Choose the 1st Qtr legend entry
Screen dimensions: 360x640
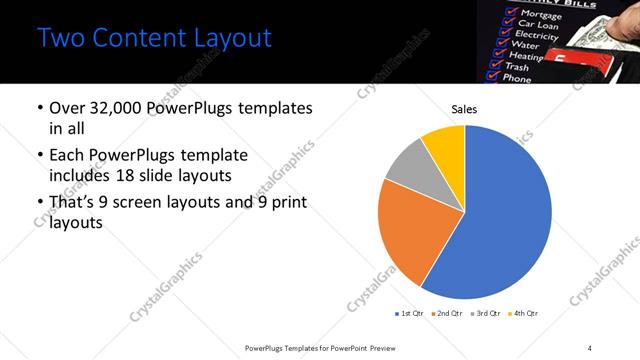pyautogui.click(x=411, y=313)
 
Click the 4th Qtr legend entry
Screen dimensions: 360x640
pyautogui.click(x=525, y=313)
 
